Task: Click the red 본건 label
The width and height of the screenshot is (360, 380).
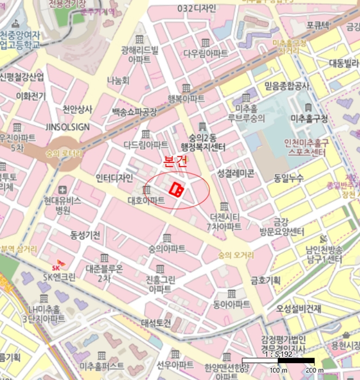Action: point(175,161)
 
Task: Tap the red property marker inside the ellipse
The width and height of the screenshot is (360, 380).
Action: point(177,189)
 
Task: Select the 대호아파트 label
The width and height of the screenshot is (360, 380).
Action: point(146,200)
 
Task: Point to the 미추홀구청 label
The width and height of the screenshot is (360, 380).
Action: point(309,118)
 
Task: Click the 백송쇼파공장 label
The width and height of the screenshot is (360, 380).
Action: point(134,112)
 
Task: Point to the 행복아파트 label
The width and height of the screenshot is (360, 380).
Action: point(186,99)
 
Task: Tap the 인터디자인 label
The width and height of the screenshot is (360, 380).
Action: point(113,178)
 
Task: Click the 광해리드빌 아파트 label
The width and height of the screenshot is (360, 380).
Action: point(140,55)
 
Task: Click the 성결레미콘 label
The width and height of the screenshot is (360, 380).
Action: point(236,173)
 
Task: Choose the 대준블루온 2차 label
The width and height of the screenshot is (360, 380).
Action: point(104,273)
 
